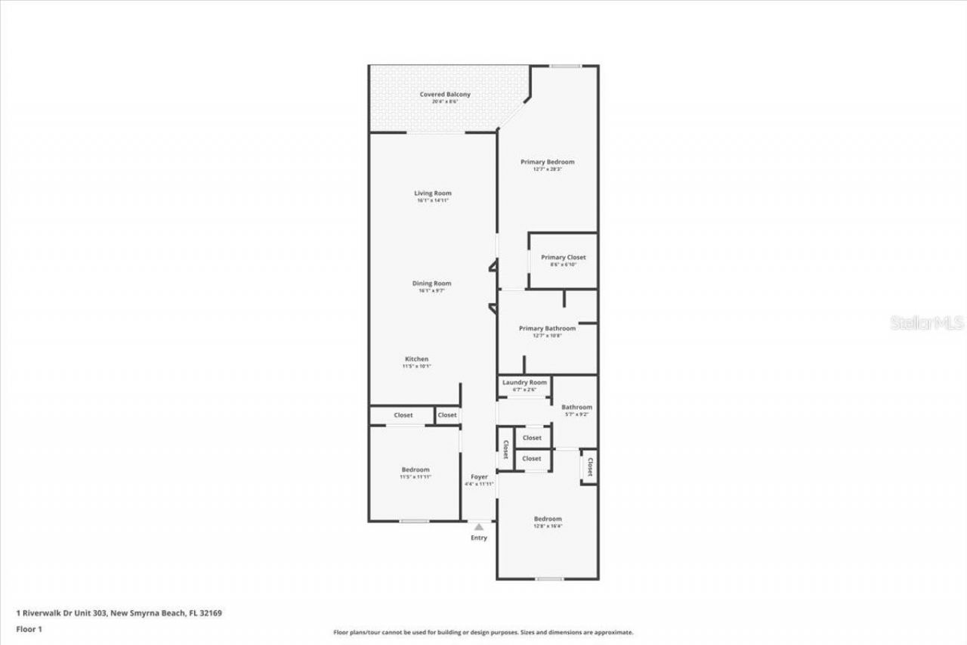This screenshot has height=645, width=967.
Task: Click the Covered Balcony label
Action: pos(445,95)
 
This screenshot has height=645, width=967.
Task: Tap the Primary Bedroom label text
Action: pos(548,162)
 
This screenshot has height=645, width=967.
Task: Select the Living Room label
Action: pos(432,194)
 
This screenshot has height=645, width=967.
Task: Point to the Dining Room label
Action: pos(432,284)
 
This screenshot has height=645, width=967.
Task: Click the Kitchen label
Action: pos(416,359)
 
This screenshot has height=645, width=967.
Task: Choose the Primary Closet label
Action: pos(563,258)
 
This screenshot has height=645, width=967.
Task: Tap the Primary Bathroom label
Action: pos(547,328)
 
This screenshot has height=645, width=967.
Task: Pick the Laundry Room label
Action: pos(524,383)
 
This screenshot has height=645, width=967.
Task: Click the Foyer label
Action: pos(479,477)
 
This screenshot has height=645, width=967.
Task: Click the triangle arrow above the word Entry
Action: pos(478,526)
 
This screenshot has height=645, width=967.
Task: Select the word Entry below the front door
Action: pos(479,538)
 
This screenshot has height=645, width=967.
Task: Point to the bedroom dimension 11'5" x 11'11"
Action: pos(416,477)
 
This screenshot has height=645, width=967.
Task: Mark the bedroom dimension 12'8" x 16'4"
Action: pos(548,526)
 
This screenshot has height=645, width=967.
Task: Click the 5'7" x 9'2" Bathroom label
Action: pos(576,408)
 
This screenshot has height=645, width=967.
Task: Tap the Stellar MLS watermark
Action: pos(927,323)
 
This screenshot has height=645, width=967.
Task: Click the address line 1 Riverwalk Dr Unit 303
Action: pos(119,613)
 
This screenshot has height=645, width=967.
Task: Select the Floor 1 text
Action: pos(29,629)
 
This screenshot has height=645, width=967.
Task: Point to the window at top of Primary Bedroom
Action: pos(564,67)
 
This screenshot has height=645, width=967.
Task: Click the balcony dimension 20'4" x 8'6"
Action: pos(445,102)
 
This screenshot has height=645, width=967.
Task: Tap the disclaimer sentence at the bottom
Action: pos(483,632)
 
